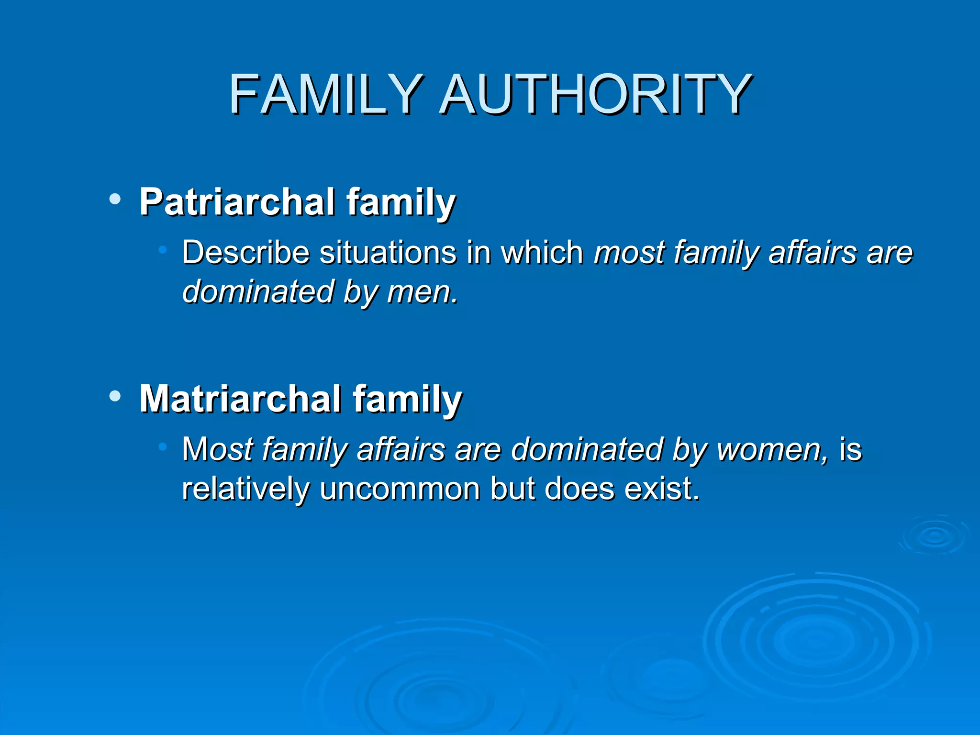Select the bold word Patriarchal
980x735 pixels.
coord(237,202)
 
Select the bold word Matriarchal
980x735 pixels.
coord(241,399)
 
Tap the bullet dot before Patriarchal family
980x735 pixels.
coord(115,199)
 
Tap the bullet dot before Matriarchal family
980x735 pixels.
coord(115,396)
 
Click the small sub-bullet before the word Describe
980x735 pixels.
coord(163,249)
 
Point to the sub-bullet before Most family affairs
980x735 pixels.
coord(163,446)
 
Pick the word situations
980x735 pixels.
coord(388,252)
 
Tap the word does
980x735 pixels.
coord(579,489)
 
